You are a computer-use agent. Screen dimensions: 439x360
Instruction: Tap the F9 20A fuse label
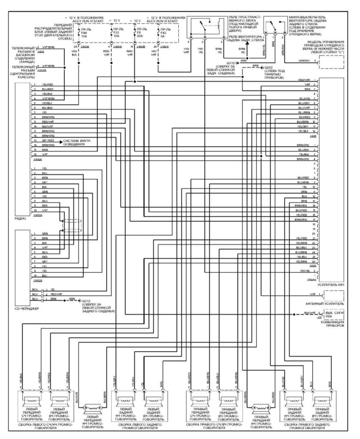click(x=140, y=33)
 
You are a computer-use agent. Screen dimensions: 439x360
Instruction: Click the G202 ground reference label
click(x=269, y=68)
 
